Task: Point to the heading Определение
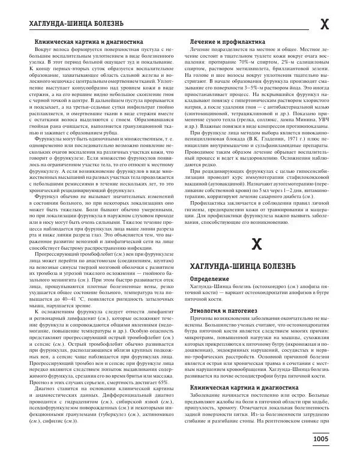(209, 297)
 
